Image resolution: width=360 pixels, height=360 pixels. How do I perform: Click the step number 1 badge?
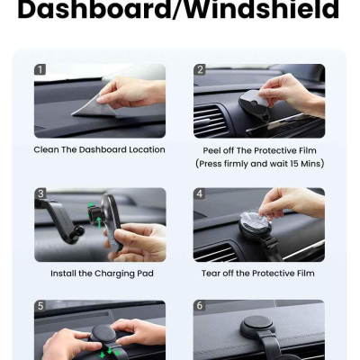[x=40, y=70]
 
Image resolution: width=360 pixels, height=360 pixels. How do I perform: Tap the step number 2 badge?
[x=200, y=70]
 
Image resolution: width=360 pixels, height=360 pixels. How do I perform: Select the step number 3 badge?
[x=40, y=193]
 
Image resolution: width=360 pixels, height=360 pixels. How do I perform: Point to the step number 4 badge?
[x=200, y=193]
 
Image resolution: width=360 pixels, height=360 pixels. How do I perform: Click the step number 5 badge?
[x=40, y=306]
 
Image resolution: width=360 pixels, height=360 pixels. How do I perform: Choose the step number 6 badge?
[x=200, y=306]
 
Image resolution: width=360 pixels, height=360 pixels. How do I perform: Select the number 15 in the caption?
[x=294, y=164]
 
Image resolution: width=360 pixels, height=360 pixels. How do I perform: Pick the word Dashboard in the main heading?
[x=94, y=10]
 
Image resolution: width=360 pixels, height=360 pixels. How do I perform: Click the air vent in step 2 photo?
[x=210, y=120]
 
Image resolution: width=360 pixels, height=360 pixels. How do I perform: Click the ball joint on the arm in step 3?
[x=79, y=231]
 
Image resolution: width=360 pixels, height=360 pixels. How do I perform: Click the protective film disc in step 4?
[x=256, y=220]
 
